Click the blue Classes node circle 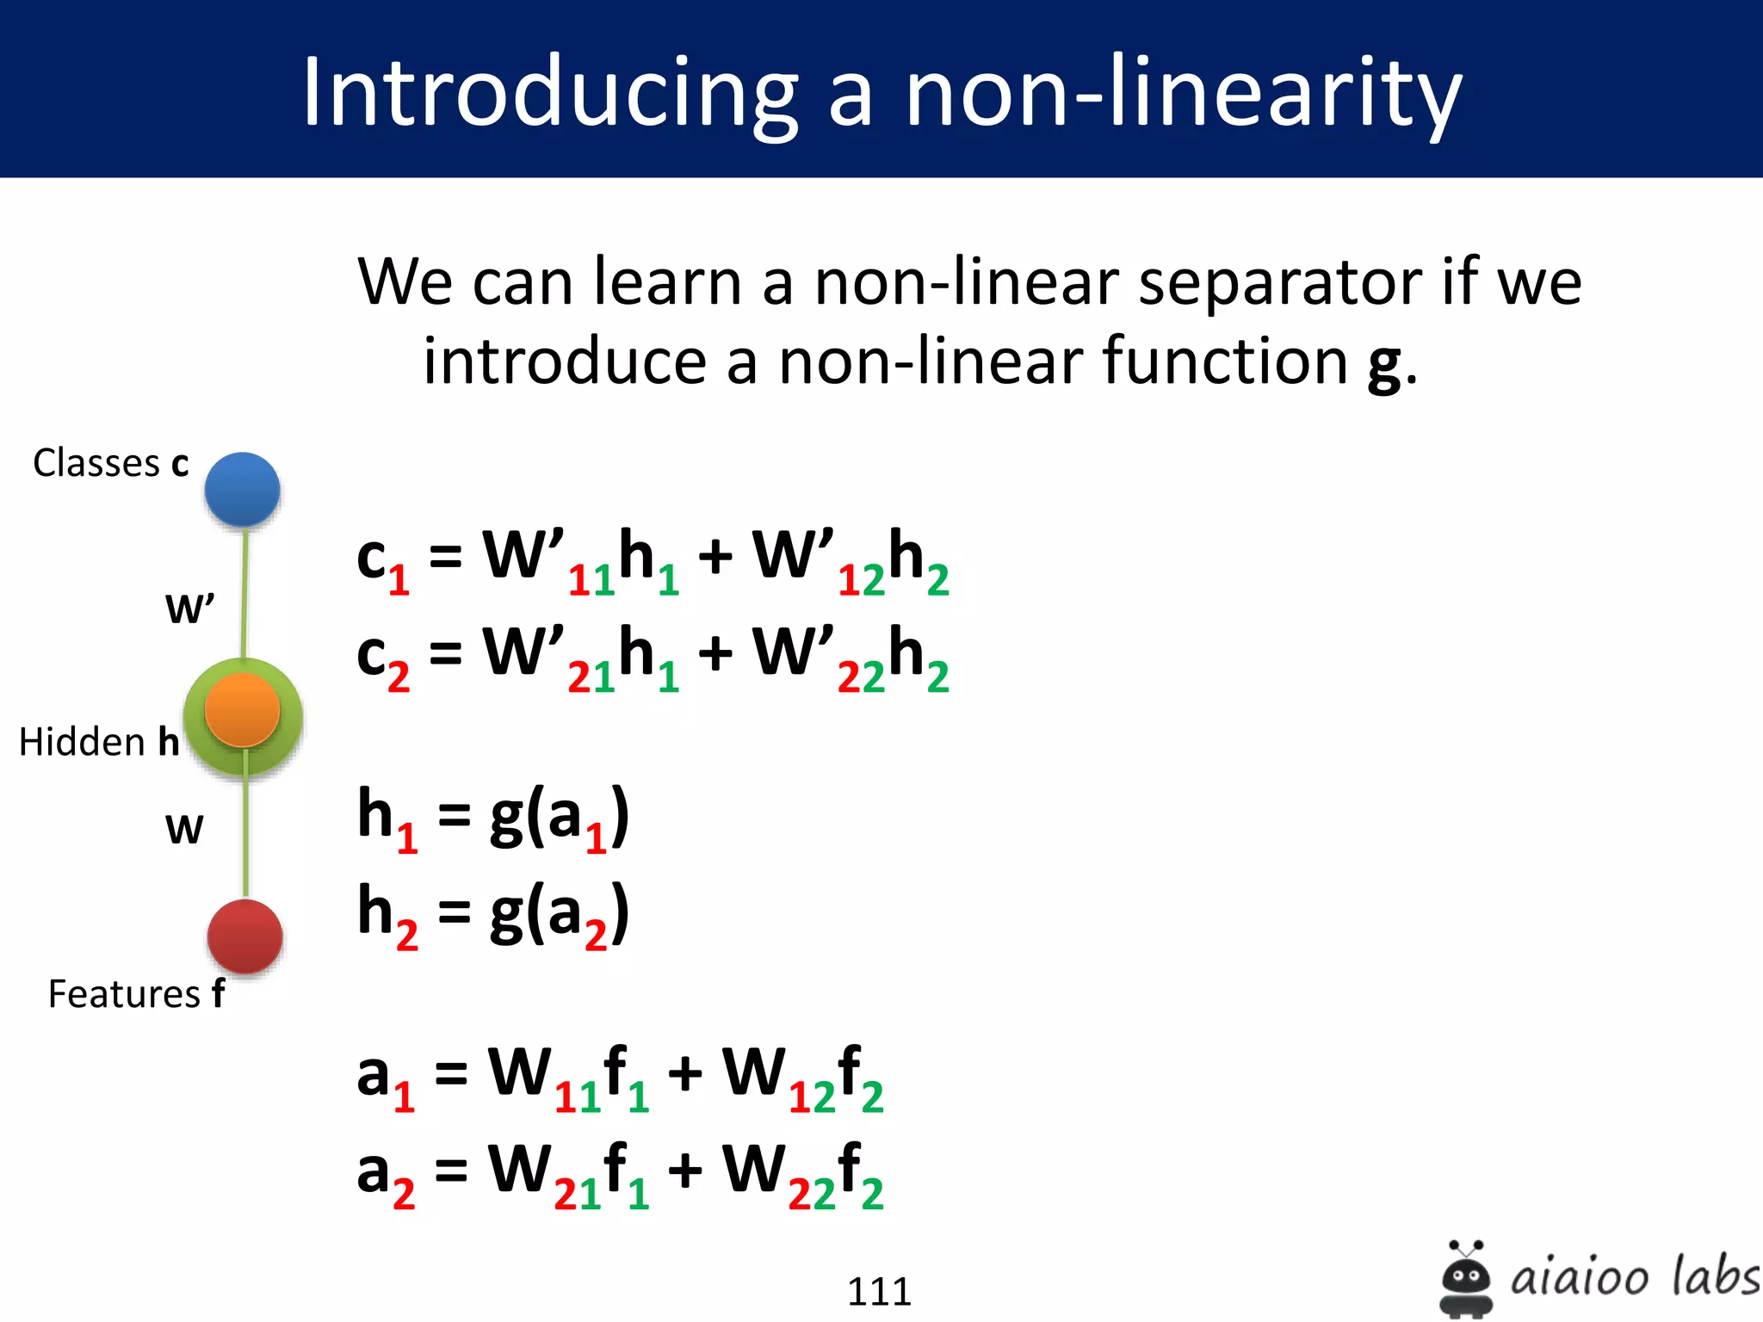tap(242, 489)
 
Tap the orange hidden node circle tap(242, 710)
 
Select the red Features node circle tap(244, 936)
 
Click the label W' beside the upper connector tap(189, 608)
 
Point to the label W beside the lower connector tap(184, 830)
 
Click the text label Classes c tap(110, 463)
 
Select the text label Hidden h tap(99, 742)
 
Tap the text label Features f tap(136, 994)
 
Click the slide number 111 tap(879, 1291)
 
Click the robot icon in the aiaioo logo tap(1465, 1278)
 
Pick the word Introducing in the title tap(551, 93)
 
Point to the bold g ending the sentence tap(1385, 363)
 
